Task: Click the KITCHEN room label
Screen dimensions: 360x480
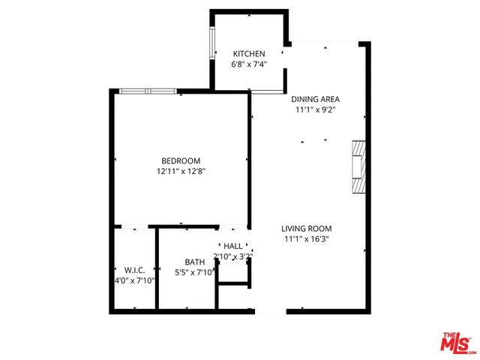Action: (x=249, y=54)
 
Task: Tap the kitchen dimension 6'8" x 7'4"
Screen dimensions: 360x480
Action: (x=249, y=64)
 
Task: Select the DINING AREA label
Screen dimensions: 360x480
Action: (x=316, y=99)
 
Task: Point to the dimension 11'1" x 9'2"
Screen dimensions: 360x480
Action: (x=316, y=109)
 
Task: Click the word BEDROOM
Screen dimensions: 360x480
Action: (x=181, y=160)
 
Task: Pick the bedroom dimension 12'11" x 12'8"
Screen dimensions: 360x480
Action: (x=181, y=171)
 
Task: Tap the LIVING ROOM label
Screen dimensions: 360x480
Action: (x=306, y=229)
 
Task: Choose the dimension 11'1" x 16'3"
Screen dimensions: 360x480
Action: (x=306, y=239)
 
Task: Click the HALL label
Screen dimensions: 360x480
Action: (x=233, y=246)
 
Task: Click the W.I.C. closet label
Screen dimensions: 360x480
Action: (x=135, y=270)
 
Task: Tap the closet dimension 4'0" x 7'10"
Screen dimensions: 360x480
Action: (x=135, y=280)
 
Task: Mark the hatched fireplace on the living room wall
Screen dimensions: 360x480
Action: (x=358, y=169)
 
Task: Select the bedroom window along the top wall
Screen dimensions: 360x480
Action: (x=148, y=91)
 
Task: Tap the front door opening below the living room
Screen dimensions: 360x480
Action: (x=270, y=310)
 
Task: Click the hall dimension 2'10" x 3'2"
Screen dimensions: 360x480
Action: (x=234, y=256)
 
